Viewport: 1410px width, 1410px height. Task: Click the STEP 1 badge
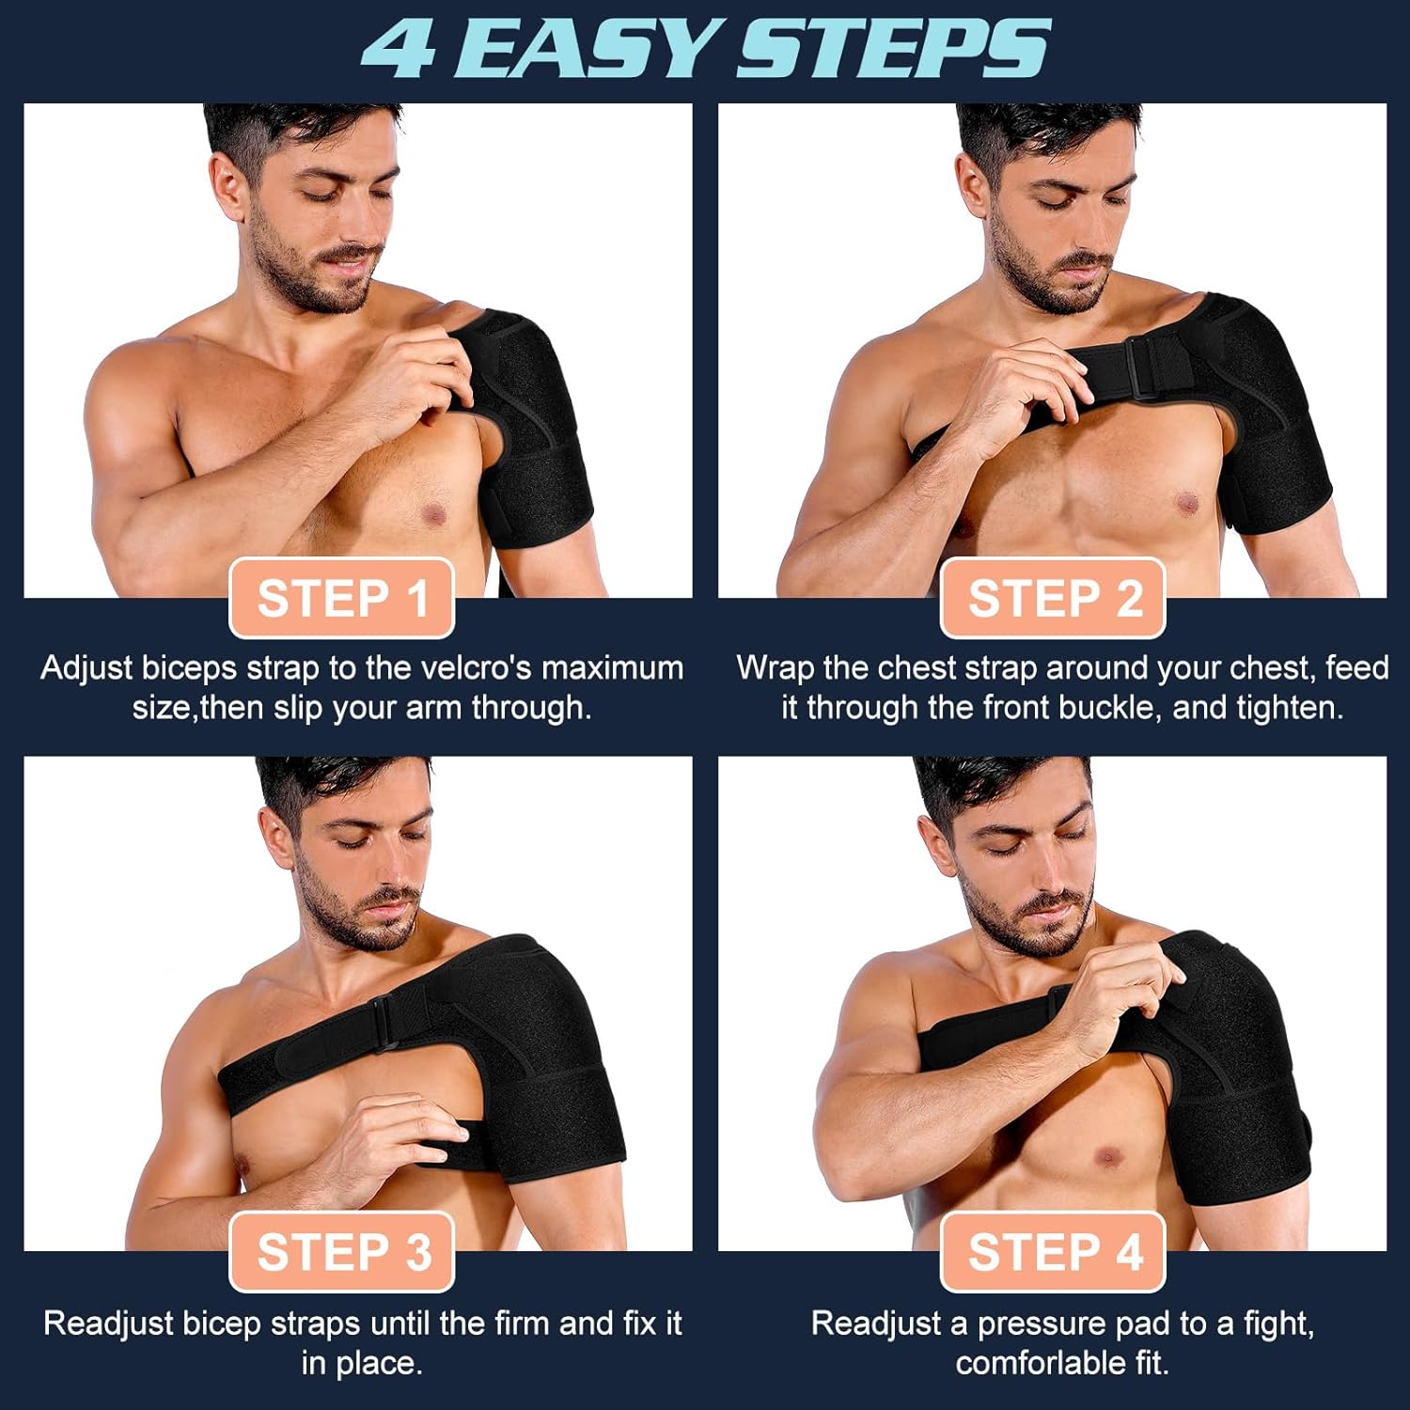click(342, 598)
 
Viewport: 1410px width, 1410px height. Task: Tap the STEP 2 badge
click(1054, 598)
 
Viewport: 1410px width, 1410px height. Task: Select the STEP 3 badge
click(342, 1252)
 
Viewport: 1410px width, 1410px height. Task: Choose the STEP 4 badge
click(1054, 1252)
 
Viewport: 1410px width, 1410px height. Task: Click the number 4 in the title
click(399, 49)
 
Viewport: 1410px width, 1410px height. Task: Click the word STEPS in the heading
click(893, 49)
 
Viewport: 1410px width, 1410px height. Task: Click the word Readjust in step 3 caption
click(108, 1324)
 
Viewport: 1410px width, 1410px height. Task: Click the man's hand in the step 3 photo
click(395, 1133)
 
